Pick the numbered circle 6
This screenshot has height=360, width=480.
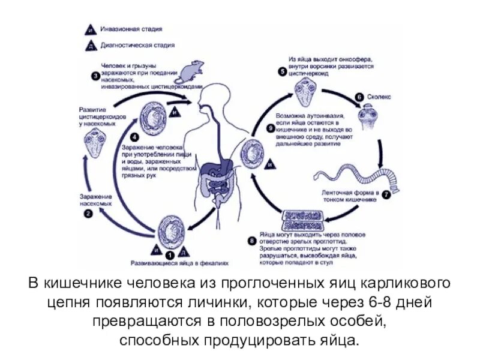pyautogui.click(x=359, y=97)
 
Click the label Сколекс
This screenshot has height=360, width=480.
pyautogui.click(x=381, y=97)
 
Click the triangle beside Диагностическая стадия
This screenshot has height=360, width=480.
pyautogui.click(x=89, y=46)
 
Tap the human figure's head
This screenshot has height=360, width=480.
pyautogui.click(x=215, y=96)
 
